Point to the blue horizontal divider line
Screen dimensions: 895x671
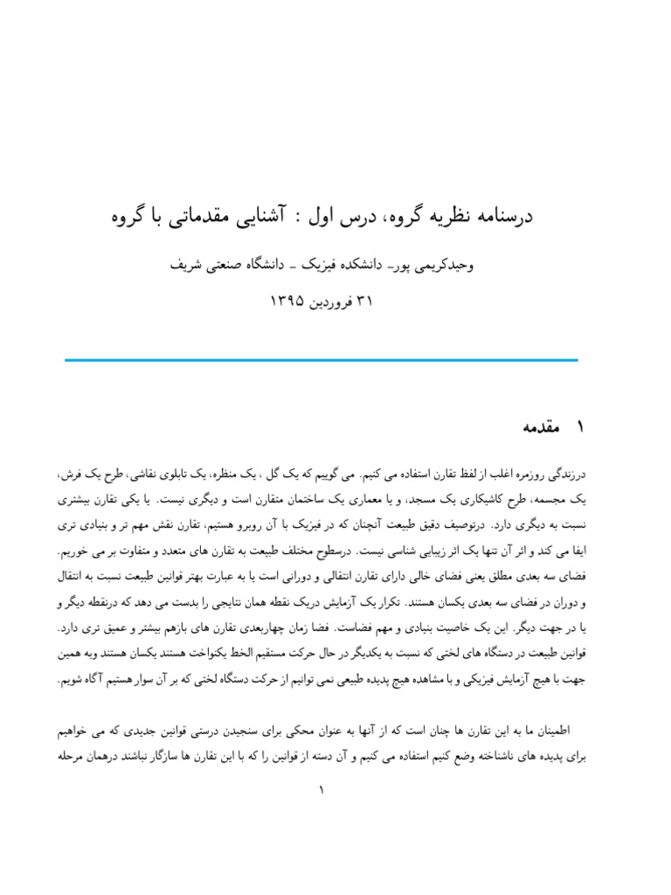coord(322,359)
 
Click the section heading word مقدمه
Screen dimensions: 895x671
coord(539,427)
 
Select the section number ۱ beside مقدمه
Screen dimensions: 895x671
coord(578,427)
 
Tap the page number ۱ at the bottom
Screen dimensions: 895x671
coord(322,791)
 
